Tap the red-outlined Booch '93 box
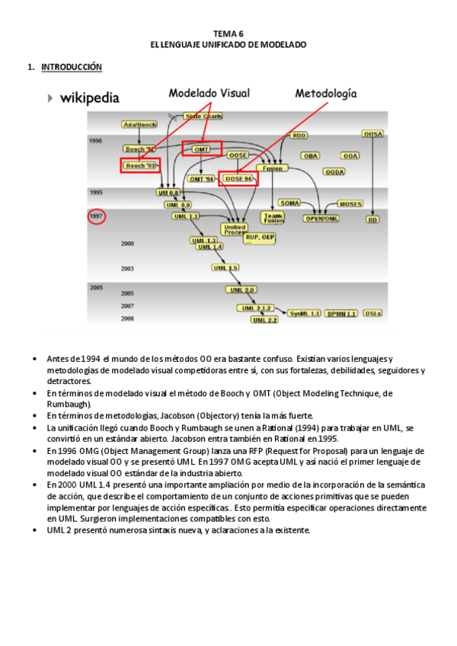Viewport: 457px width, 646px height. [140, 165]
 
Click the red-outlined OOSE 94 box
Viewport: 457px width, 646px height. [238, 179]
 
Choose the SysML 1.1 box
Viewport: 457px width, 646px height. [305, 313]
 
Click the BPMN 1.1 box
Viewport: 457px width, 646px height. [340, 313]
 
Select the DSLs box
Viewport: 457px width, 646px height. [372, 313]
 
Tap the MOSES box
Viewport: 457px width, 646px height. [350, 204]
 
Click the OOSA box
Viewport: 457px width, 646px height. [372, 134]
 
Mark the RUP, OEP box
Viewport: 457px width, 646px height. [259, 237]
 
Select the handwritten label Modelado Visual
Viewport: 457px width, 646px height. [209, 93]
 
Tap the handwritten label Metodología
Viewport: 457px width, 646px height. [325, 93]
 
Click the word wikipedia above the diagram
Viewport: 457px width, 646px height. [89, 98]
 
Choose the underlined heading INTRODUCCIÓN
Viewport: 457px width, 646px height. [71, 67]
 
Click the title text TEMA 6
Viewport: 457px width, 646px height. [228, 34]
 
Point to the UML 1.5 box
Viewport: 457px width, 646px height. [225, 267]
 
